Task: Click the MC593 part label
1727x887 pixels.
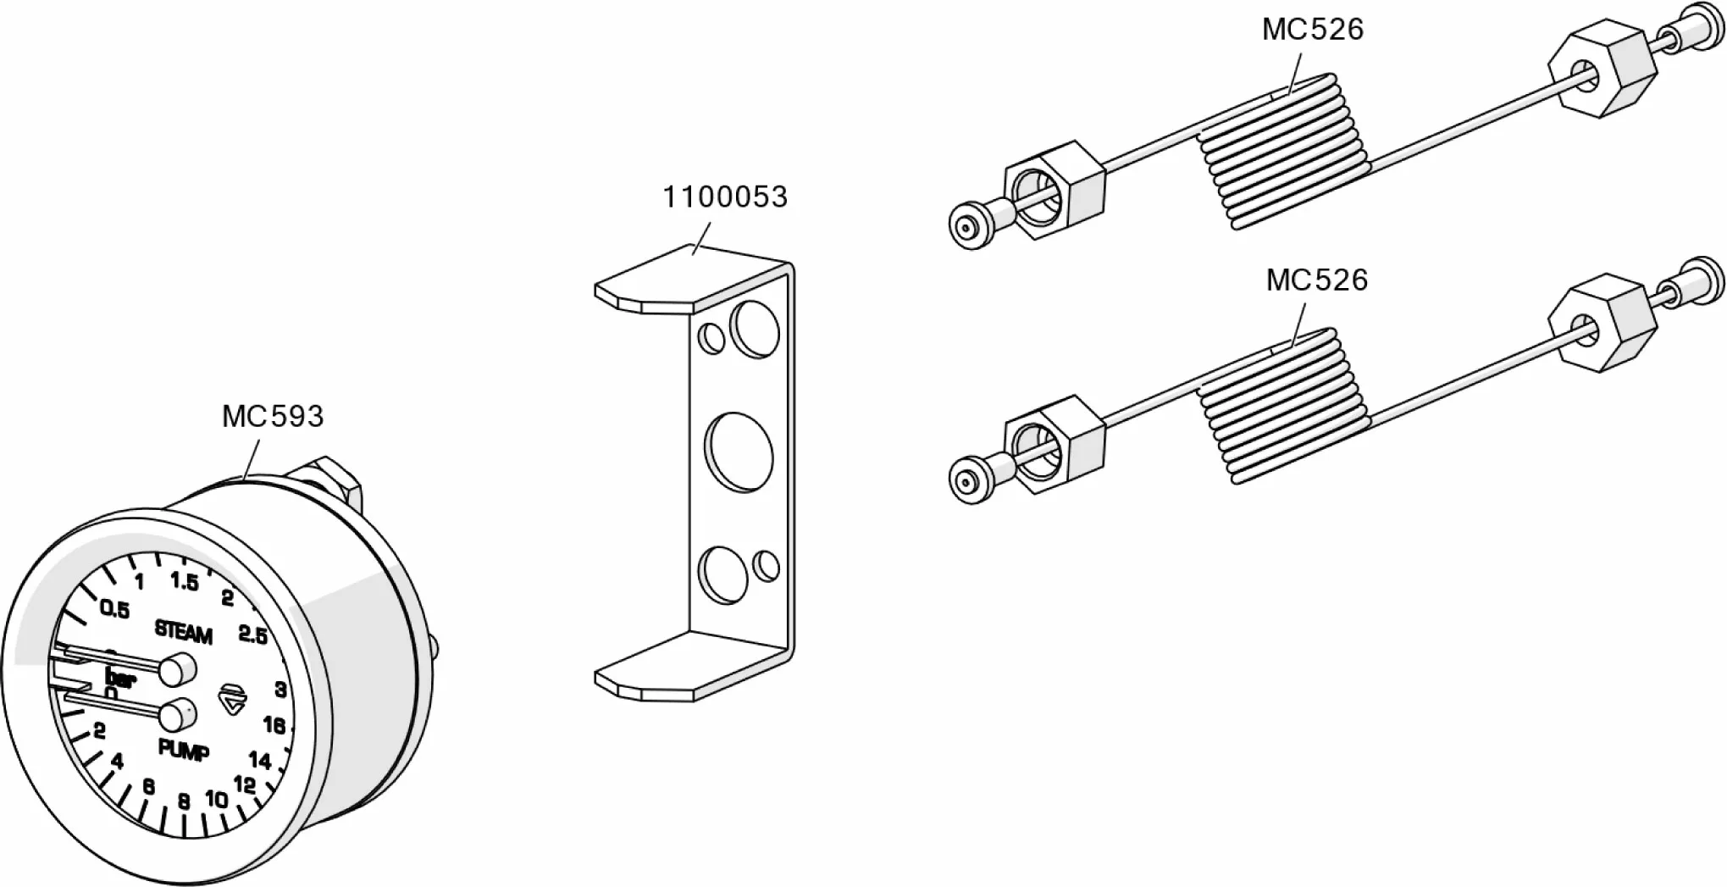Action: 272,416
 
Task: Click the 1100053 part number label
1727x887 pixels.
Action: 724,197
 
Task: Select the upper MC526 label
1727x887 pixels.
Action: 1312,30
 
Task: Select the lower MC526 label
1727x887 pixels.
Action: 1316,280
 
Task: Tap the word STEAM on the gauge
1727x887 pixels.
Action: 183,632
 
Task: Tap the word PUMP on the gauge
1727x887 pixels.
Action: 184,750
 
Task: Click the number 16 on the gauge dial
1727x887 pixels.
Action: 274,725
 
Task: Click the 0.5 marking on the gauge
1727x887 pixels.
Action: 114,609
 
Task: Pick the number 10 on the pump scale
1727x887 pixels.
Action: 216,799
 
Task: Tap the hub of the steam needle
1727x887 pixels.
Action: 177,669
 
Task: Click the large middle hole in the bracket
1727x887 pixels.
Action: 739,451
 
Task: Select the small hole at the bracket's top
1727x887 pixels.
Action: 711,338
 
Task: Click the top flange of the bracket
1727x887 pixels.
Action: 678,280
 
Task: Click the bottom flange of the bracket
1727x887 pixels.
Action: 678,674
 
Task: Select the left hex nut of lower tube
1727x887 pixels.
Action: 1054,445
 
